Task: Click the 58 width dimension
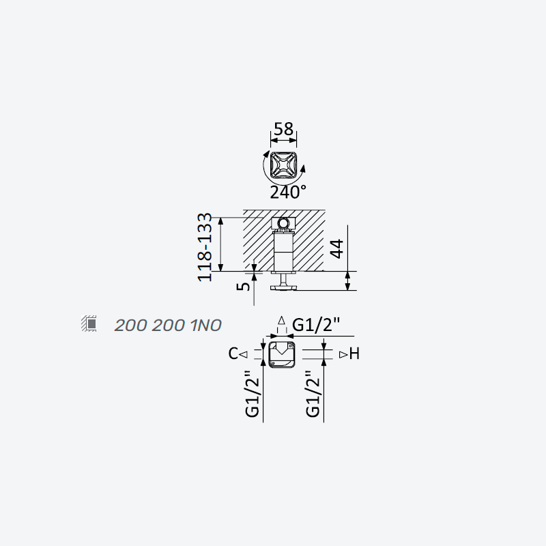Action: click(x=283, y=129)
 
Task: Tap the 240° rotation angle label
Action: click(x=288, y=192)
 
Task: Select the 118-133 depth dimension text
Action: click(x=205, y=247)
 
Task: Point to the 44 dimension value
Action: click(x=336, y=248)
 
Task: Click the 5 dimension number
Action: click(x=244, y=286)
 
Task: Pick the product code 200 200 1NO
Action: click(x=168, y=326)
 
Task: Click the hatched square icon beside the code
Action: click(x=89, y=324)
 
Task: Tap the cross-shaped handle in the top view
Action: click(x=283, y=165)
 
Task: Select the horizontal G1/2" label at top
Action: click(x=315, y=326)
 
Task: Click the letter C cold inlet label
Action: click(x=233, y=354)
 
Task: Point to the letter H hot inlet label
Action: click(x=354, y=354)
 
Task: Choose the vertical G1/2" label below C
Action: click(x=253, y=394)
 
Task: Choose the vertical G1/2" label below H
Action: click(x=313, y=394)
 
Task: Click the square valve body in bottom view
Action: click(x=282, y=354)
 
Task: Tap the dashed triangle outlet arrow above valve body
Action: click(x=282, y=321)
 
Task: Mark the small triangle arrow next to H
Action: click(x=343, y=354)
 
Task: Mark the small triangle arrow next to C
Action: click(x=244, y=354)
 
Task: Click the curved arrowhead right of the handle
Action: click(x=302, y=169)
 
